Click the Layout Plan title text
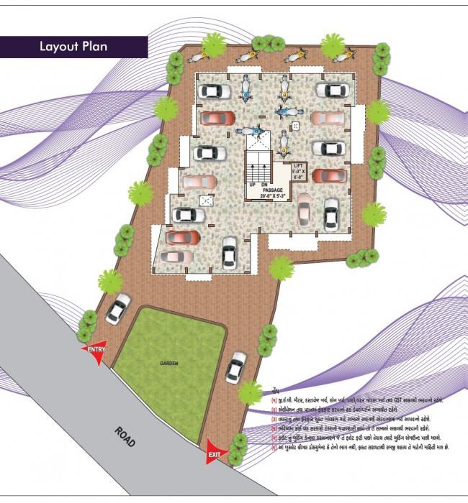(x=74, y=47)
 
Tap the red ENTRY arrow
(x=96, y=351)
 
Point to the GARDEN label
(x=170, y=364)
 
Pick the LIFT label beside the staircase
(x=298, y=166)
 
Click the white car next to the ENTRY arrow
(x=118, y=308)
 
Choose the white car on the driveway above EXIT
(x=235, y=366)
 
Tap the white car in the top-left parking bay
(x=214, y=91)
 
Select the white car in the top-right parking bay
(x=332, y=91)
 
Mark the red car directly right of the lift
(x=329, y=176)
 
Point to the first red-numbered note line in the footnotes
(x=356, y=400)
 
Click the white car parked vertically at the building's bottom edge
(x=230, y=251)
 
